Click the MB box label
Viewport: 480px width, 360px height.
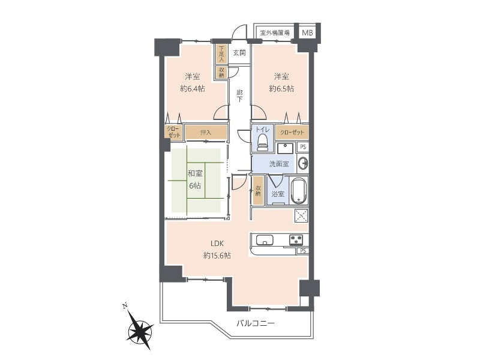pyautogui.click(x=307, y=32)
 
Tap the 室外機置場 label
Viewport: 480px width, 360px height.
pyautogui.click(x=275, y=32)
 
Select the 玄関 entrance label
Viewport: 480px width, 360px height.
pyautogui.click(x=239, y=53)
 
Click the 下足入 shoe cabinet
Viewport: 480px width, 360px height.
pyautogui.click(x=221, y=54)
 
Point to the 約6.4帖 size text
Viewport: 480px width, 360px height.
pyautogui.click(x=193, y=89)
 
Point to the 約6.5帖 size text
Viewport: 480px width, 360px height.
pyautogui.click(x=281, y=89)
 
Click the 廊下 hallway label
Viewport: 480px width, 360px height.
pyautogui.click(x=239, y=95)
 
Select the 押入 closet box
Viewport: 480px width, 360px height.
pyautogui.click(x=206, y=133)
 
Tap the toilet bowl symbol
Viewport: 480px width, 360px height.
pyautogui.click(x=262, y=143)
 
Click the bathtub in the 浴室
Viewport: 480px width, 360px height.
pyautogui.click(x=299, y=191)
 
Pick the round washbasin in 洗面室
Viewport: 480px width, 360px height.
pyautogui.click(x=303, y=164)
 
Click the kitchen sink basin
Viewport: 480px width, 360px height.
pyautogui.click(x=265, y=240)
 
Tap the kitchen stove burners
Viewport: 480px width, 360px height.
pyautogui.click(x=296, y=239)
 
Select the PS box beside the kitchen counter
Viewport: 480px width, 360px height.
pyautogui.click(x=303, y=251)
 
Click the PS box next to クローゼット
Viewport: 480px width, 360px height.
pyautogui.click(x=303, y=147)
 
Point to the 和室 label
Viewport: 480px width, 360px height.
pyautogui.click(x=195, y=173)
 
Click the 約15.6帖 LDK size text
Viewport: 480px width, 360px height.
pyautogui.click(x=217, y=256)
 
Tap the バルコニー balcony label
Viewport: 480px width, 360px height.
pyautogui.click(x=256, y=323)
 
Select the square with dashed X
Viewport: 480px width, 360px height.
pyautogui.click(x=301, y=216)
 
